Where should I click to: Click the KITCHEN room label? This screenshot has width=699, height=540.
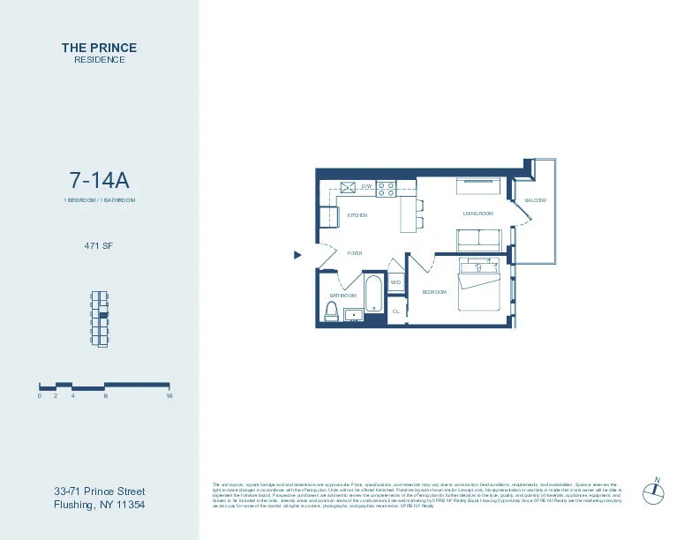357,215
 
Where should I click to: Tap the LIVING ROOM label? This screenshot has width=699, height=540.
477,214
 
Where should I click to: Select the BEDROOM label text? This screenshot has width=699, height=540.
434,292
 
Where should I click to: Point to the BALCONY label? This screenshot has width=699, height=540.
535,200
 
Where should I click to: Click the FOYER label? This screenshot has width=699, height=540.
355,253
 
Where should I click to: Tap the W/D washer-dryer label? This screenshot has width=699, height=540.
395,282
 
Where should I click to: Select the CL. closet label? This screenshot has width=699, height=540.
396,311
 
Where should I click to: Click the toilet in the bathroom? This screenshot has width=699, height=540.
333,311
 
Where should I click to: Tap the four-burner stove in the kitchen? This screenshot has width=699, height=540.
386,187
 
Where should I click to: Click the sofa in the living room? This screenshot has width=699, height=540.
478,238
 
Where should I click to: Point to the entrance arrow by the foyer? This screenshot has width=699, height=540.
297,255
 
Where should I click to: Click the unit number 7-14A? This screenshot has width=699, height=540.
99,180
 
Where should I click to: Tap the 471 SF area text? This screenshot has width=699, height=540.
99,245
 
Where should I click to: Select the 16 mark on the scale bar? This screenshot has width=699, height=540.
169,396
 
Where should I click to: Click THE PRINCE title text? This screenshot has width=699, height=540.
99,48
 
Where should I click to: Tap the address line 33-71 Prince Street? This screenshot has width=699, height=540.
99,491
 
